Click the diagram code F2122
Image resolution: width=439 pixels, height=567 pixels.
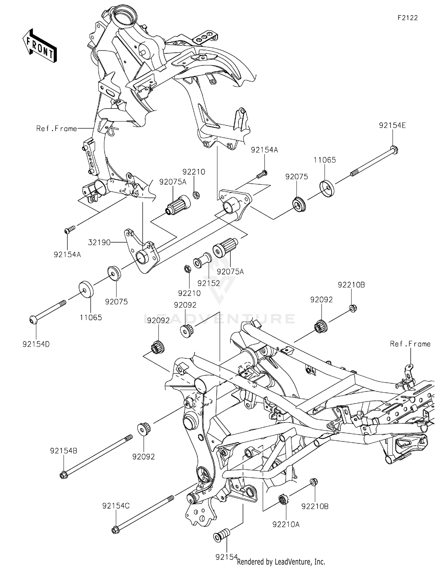point(407,18)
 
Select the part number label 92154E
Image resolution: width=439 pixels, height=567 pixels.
point(392,126)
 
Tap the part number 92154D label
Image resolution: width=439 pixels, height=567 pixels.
point(36,344)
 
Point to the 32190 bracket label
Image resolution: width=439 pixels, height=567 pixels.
point(100,242)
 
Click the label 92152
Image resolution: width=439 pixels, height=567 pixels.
point(208,283)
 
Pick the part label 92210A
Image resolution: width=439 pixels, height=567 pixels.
point(286,525)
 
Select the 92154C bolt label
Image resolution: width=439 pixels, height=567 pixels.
point(116,506)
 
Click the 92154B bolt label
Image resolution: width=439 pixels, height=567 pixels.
point(64,451)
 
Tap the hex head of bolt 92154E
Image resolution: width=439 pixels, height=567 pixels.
point(395,150)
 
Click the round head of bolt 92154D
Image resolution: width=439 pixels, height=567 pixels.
point(32,320)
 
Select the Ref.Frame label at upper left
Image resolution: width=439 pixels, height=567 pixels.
point(56,129)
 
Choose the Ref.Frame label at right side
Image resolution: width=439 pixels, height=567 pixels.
point(410,344)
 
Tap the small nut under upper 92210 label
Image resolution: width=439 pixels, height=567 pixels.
point(196,194)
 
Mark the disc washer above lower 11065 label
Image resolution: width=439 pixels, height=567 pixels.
point(86,289)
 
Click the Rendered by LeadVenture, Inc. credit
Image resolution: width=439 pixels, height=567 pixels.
point(281,561)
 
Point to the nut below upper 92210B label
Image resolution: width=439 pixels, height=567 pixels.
point(353,308)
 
